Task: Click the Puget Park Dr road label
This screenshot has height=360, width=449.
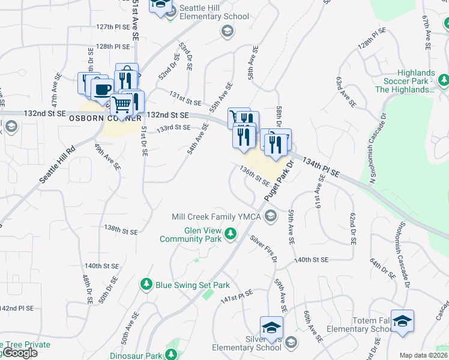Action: [278, 181]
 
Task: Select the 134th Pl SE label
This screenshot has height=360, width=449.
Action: [321, 167]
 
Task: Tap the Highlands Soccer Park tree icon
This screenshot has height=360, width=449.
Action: [443, 80]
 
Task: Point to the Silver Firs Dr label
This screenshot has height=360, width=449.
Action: [264, 248]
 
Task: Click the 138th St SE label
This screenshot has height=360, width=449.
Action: [121, 230]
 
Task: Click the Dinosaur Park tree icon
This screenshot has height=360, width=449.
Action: [172, 355]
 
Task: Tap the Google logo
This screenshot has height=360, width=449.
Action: [19, 353]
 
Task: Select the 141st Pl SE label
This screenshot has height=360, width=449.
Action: [237, 296]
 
